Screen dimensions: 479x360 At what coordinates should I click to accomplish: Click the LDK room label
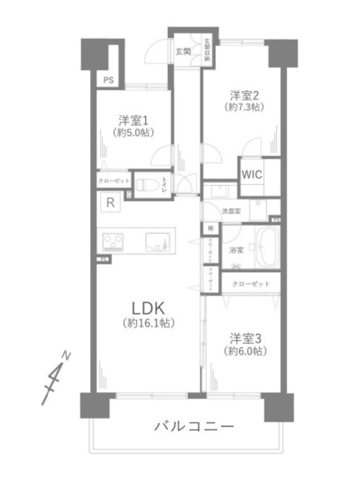[x=149, y=306]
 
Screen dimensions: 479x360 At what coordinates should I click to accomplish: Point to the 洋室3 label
[x=245, y=338]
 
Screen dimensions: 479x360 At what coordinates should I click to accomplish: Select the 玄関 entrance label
[x=183, y=51]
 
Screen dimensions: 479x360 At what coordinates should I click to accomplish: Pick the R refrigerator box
[x=110, y=204]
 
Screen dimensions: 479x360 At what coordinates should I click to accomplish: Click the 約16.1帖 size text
[x=149, y=323]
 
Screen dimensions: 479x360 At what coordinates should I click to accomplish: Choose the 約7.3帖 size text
[x=245, y=108]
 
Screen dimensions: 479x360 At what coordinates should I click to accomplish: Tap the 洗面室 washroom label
[x=230, y=210]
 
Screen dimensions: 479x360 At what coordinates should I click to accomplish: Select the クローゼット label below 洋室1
[x=114, y=181]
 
